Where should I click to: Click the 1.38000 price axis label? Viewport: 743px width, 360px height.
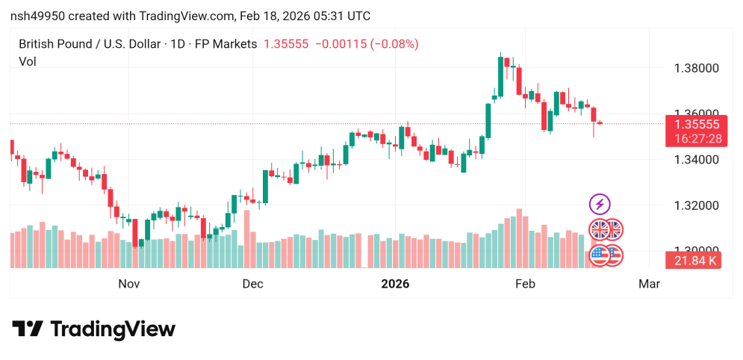[x=696, y=68]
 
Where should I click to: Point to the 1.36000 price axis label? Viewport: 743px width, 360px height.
[x=696, y=114]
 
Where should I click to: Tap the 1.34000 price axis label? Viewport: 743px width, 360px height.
[x=696, y=159]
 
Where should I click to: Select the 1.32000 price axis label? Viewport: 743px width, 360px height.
[x=696, y=205]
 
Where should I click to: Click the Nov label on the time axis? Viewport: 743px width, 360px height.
[x=129, y=284]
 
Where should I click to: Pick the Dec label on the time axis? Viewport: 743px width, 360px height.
[x=252, y=284]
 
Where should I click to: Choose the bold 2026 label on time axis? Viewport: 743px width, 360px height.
[x=395, y=284]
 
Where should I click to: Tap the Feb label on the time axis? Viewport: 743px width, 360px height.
[x=526, y=284]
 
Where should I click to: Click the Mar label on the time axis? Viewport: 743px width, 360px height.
[x=649, y=284]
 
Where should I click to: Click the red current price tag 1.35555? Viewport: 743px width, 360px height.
[x=696, y=125]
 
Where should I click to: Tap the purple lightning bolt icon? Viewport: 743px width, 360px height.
[x=600, y=203]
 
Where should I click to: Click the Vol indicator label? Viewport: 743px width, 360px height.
[x=28, y=62]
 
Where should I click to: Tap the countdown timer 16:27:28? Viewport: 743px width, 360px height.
[x=696, y=138]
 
